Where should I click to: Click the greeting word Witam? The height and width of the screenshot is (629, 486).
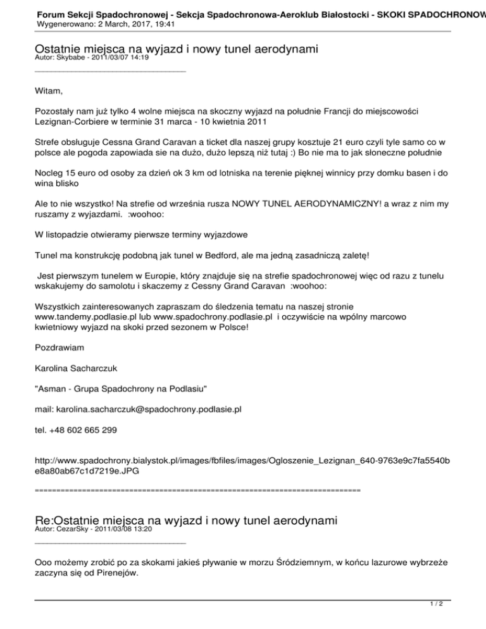point(49,91)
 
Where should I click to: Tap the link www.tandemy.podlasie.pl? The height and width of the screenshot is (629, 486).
point(87,316)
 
